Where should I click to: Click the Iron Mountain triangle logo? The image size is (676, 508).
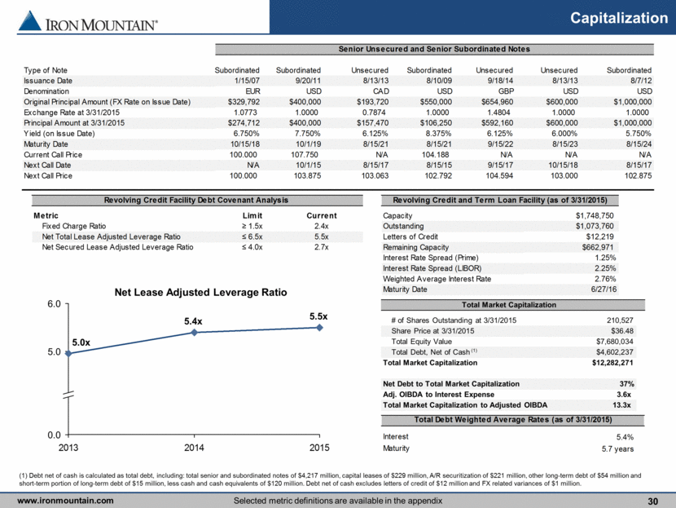tap(30, 20)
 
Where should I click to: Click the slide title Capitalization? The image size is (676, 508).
tap(619, 18)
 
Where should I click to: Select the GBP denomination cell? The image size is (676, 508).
tap(506, 91)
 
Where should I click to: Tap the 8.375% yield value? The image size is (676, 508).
tap(439, 134)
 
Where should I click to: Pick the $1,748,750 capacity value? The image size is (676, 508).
tap(595, 215)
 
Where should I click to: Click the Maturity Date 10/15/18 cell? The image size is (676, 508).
tap(245, 144)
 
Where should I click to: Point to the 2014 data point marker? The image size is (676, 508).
tap(194, 333)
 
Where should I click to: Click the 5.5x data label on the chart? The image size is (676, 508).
tap(318, 316)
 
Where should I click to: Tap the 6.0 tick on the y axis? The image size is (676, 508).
tap(54, 304)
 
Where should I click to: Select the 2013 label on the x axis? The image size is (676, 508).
tap(68, 448)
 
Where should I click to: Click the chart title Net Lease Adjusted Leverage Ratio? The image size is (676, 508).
tap(200, 292)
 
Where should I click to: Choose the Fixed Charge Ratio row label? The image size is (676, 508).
tap(74, 226)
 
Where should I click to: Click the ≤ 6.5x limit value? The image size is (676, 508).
tap(252, 236)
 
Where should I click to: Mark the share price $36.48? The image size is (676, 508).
tap(622, 331)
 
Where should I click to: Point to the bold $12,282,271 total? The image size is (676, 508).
tap(612, 363)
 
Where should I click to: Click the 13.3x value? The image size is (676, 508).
tap(621, 404)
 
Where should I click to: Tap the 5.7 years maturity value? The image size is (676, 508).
tap(618, 448)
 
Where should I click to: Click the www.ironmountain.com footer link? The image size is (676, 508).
tap(65, 501)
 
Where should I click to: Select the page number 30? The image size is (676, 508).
tap(652, 501)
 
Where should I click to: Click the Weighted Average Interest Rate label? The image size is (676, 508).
tap(437, 279)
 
